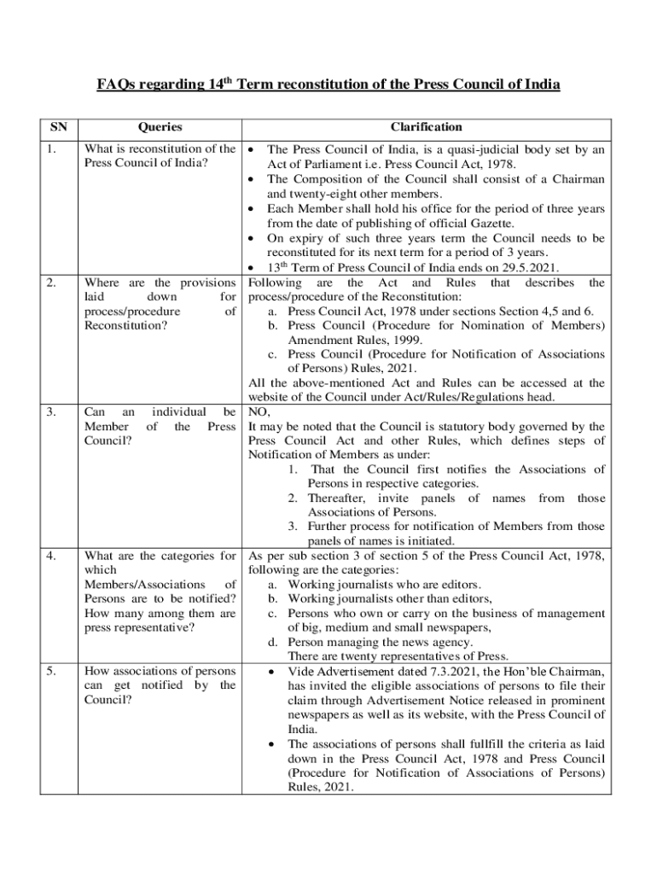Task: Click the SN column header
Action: [x=59, y=127]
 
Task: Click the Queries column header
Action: [x=160, y=127]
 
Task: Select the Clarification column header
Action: [x=427, y=127]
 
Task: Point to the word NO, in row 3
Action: [x=259, y=412]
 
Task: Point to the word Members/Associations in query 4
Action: [x=142, y=585]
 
